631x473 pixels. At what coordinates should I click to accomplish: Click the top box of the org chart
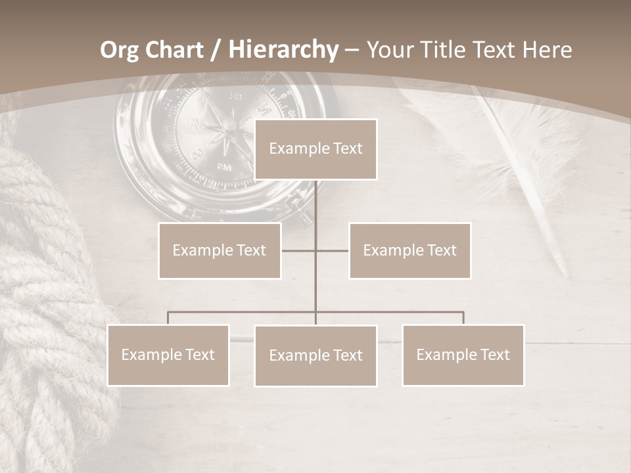tap(315, 149)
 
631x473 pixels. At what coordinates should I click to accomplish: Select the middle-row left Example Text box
tap(220, 250)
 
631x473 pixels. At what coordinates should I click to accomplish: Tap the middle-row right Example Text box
tap(409, 250)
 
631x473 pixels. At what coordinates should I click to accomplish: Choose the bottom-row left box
tap(168, 355)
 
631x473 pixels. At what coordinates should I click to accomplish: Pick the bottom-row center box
tap(315, 355)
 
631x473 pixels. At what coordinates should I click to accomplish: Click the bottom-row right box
tap(463, 355)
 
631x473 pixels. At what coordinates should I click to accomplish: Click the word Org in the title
tap(120, 50)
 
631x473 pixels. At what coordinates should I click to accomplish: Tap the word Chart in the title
tap(174, 50)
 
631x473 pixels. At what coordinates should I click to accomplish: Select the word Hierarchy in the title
tap(283, 50)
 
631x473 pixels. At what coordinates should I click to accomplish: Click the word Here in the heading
tap(547, 50)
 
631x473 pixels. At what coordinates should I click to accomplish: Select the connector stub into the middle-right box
tap(333, 250)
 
